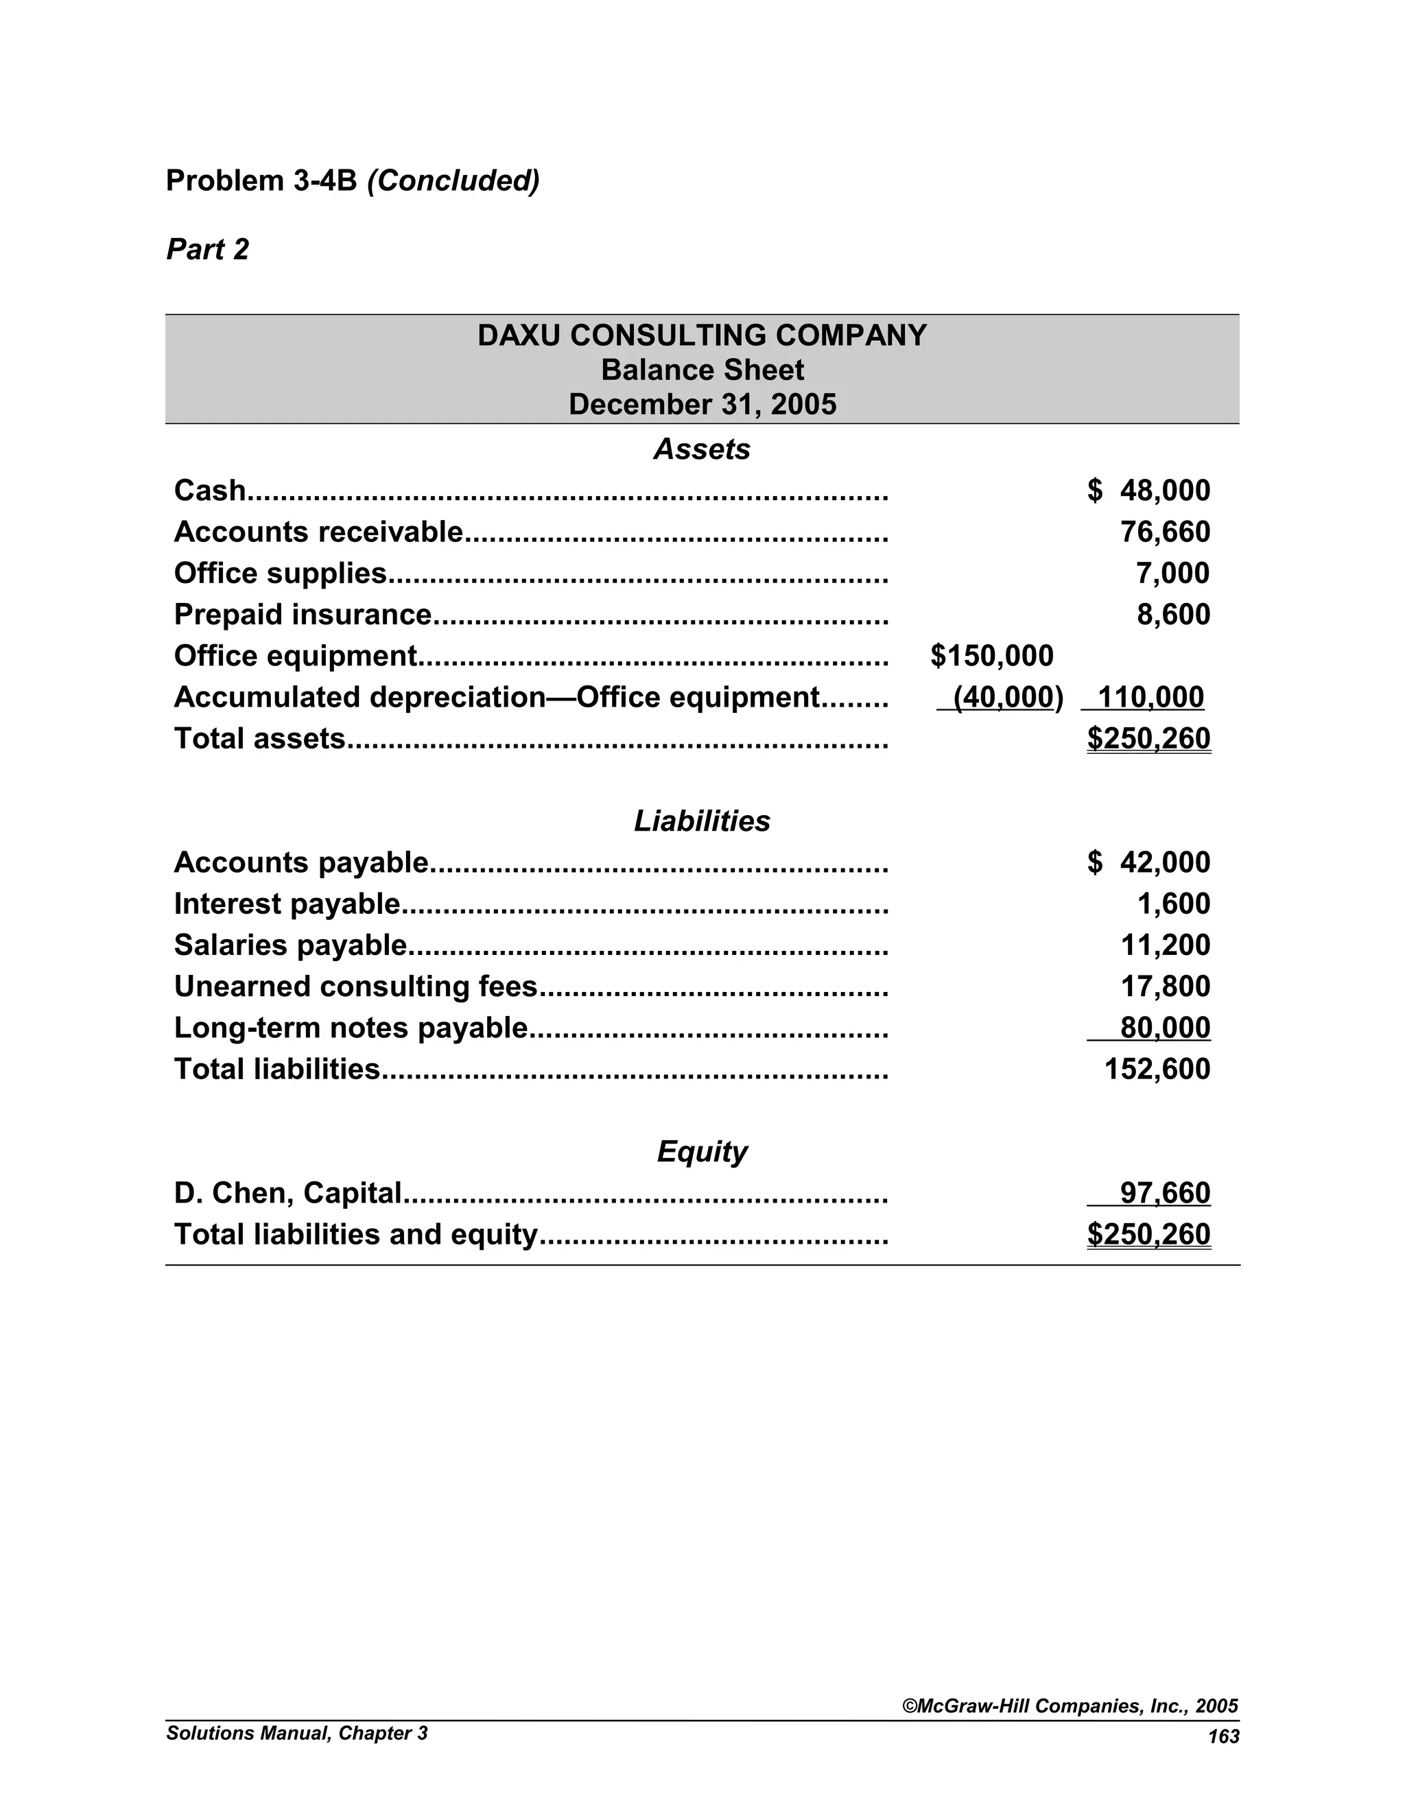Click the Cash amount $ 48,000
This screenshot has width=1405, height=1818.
click(x=1148, y=491)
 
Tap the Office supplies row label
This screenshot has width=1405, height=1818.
click(x=281, y=574)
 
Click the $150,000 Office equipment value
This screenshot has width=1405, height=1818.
click(x=991, y=656)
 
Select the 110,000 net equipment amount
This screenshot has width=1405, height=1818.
click(x=1150, y=697)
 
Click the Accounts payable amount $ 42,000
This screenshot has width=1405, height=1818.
click(x=1148, y=862)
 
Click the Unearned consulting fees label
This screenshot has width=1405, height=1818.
click(x=355, y=987)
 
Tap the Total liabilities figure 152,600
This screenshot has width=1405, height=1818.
click(x=1157, y=1069)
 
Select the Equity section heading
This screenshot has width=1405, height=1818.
click(x=702, y=1151)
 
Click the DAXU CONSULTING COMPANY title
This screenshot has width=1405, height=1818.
click(x=702, y=335)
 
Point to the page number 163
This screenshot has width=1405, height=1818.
click(x=1224, y=1736)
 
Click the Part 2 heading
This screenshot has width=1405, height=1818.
click(x=207, y=250)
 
